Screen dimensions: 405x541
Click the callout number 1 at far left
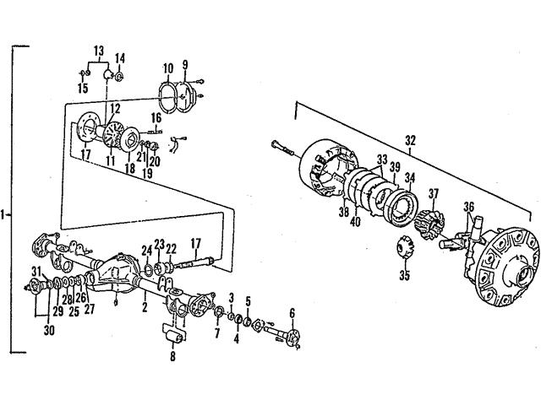[x=6, y=215]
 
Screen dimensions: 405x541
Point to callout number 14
[x=119, y=58]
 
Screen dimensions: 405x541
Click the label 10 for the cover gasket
[x=167, y=67]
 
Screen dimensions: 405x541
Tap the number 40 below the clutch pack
[x=354, y=224]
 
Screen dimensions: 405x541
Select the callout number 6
[x=292, y=313]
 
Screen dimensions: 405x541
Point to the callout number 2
[x=145, y=308]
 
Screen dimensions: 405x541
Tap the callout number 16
[x=156, y=116]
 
